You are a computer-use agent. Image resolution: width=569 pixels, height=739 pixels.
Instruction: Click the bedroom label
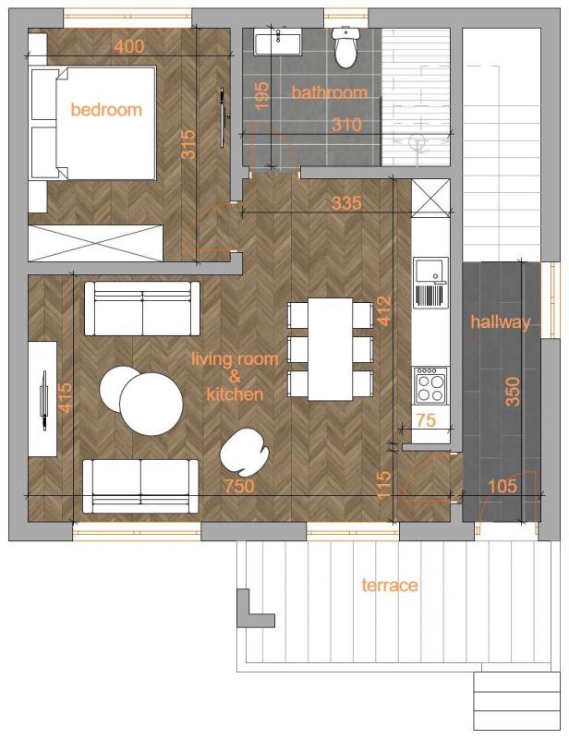106,109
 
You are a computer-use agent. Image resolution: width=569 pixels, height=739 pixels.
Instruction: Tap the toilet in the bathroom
345,47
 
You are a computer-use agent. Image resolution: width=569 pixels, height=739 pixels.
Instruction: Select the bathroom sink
278,42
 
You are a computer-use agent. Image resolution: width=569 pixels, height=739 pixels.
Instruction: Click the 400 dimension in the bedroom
129,46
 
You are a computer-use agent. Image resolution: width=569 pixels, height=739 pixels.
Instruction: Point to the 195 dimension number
261,95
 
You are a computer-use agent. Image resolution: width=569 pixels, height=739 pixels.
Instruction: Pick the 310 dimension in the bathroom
346,125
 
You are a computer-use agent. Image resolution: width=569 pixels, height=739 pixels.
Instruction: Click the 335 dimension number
346,202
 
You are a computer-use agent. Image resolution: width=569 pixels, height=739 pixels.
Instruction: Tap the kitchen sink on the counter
430,282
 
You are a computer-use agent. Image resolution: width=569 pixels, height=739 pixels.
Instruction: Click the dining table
331,349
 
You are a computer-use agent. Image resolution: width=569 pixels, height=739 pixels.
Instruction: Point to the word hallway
500,322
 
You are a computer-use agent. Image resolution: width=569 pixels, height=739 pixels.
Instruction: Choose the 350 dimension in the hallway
513,391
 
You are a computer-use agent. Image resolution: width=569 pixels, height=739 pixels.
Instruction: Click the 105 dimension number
502,486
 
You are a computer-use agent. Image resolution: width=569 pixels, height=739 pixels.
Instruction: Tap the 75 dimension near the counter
426,419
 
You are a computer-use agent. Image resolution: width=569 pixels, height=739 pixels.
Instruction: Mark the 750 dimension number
239,486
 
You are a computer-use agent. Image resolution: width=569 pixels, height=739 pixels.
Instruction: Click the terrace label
390,585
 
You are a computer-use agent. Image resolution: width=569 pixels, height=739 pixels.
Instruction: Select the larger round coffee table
151,404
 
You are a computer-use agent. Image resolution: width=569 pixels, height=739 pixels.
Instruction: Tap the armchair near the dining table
244,452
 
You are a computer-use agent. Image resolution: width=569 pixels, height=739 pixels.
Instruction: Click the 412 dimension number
384,310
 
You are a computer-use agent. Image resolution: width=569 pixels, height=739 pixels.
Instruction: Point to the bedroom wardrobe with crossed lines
95,243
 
